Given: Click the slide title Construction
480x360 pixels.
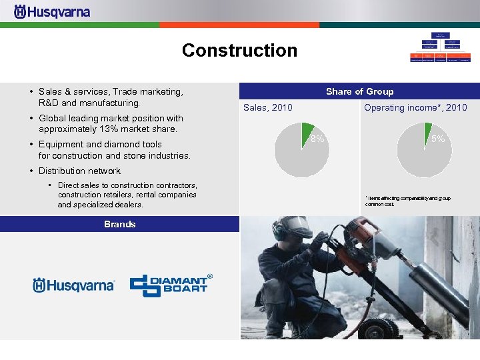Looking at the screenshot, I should pos(239,51).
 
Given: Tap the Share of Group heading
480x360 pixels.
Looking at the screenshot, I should pos(359,91).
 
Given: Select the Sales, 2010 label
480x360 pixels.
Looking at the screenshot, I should pos(267,107).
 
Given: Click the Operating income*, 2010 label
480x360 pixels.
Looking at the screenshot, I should pos(415,107).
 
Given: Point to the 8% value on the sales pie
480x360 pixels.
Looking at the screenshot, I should pos(317,139).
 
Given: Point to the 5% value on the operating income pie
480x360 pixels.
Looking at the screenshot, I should pos(437,139).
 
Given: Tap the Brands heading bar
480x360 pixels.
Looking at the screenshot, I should pos(119,224).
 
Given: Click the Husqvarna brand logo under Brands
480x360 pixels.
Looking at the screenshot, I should pos(73,285).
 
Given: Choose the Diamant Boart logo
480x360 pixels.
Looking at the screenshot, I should pos(170,285).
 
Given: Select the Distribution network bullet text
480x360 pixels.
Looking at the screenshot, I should pos(79,171).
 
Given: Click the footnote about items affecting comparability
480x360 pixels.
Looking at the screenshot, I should pos(407,201).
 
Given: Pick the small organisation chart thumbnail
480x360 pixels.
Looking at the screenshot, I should pos(439,47).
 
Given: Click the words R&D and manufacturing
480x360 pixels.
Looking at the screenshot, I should pos(89,103).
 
